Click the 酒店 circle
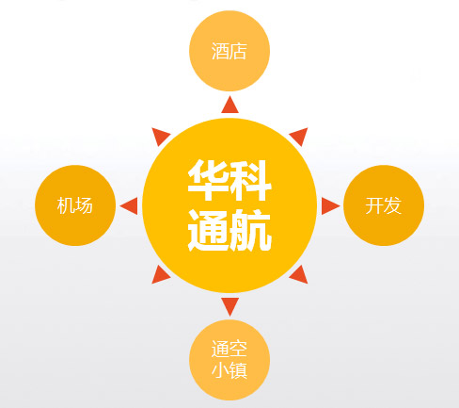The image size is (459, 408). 229,51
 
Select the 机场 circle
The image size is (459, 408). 75,205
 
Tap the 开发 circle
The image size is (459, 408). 384,205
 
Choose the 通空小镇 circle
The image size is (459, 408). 229,360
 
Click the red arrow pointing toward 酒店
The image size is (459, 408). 229,106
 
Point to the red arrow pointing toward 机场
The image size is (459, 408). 130,206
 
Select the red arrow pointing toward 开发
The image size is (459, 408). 329,206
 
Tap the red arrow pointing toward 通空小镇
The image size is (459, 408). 229,305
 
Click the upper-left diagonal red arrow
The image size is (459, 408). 160,136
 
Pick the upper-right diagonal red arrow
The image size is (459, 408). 300,136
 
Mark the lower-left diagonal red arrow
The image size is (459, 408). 160,276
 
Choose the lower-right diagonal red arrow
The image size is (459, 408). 300,276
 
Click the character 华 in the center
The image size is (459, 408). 207,181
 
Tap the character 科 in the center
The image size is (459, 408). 251,181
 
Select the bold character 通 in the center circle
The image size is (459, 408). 208,230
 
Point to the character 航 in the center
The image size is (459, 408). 251,230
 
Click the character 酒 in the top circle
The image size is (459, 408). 220,51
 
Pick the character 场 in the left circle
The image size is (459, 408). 84,205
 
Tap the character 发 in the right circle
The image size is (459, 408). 392,205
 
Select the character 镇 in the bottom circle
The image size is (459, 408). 239,370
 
